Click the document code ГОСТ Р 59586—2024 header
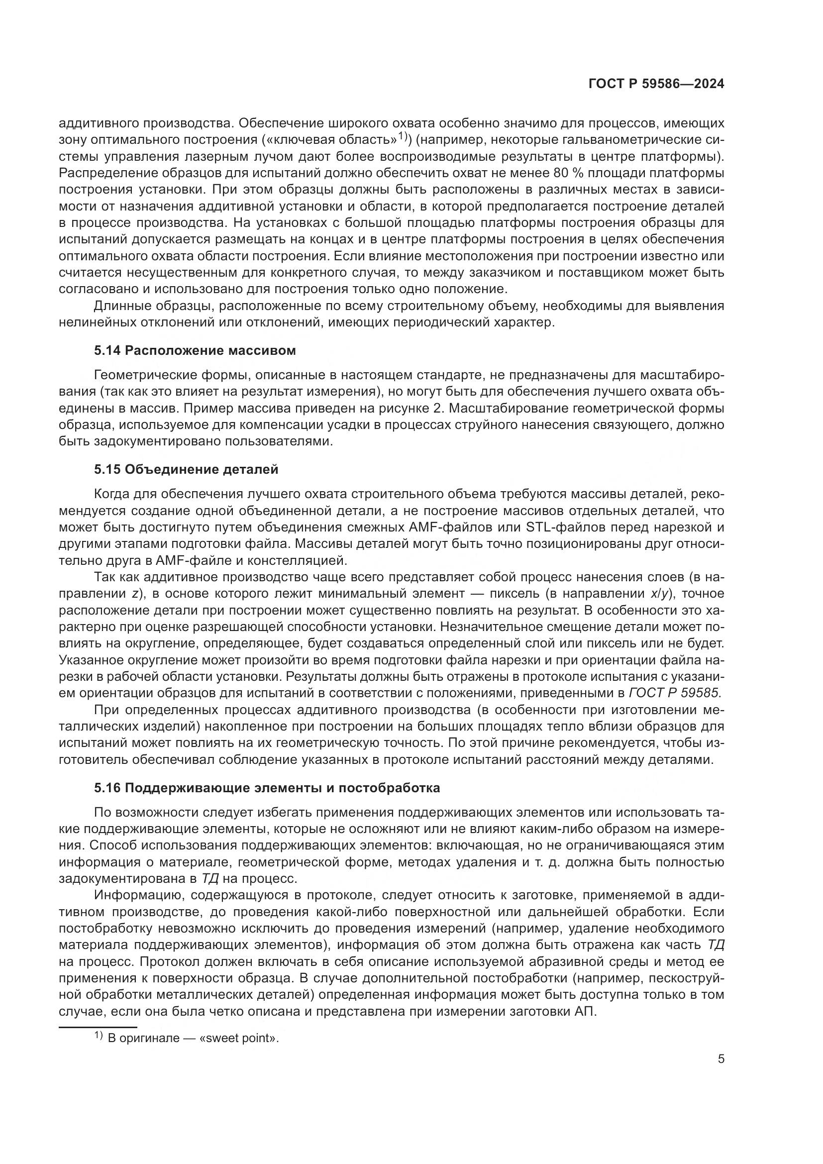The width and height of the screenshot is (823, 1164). point(656,84)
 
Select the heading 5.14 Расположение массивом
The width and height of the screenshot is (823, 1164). point(195,350)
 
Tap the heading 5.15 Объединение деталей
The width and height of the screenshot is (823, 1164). point(186,469)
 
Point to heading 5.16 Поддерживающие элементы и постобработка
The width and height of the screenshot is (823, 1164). point(267,788)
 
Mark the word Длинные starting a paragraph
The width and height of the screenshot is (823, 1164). point(119,306)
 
